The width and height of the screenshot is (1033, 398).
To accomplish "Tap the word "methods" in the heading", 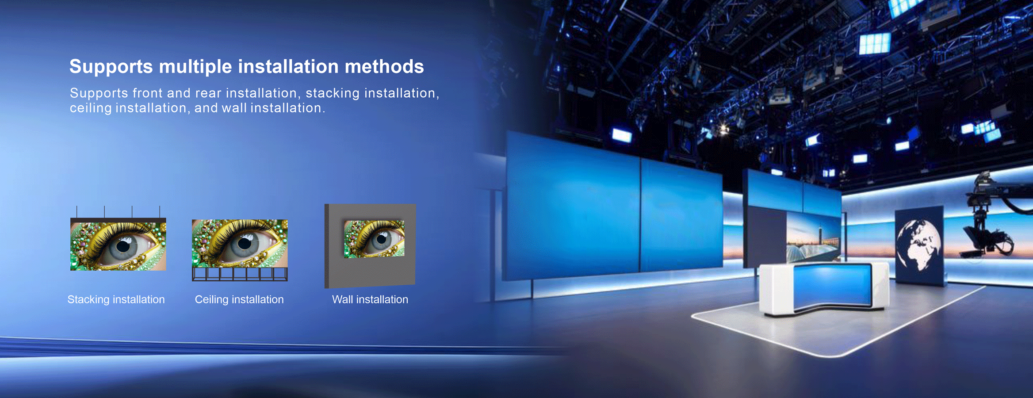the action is pyautogui.click(x=384, y=67).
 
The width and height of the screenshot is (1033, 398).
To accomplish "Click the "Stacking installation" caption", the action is pyautogui.click(x=116, y=299).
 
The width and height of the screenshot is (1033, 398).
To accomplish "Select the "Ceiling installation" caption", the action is pyautogui.click(x=239, y=299).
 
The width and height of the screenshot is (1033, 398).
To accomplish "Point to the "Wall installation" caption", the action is pyautogui.click(x=370, y=299).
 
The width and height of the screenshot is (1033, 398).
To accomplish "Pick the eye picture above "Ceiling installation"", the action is pyautogui.click(x=240, y=243).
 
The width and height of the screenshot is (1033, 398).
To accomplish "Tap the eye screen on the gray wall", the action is pyautogui.click(x=374, y=239).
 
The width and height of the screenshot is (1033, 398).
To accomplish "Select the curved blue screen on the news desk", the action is pyautogui.click(x=832, y=285).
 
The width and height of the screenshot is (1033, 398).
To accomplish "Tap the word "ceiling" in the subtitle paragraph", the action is pyautogui.click(x=91, y=108).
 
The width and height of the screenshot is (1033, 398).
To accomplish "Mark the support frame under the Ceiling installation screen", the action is pyautogui.click(x=240, y=274).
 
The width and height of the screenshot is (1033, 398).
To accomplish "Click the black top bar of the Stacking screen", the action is pyautogui.click(x=118, y=220).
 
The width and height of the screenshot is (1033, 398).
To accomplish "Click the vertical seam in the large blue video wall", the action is pyautogui.click(x=640, y=214).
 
